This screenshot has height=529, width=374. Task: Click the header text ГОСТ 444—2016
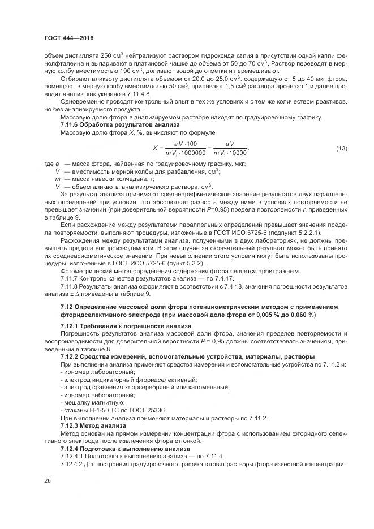click(68, 38)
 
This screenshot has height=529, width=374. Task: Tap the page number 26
click(48, 480)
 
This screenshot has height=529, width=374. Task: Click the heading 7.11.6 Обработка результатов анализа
click(120, 124)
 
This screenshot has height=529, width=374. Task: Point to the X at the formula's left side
click(155, 149)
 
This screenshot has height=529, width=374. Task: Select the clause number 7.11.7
click(71, 279)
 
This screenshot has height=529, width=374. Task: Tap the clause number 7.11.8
click(71, 287)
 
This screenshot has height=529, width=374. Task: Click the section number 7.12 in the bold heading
click(67, 306)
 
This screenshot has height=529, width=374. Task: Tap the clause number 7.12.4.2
click(74, 464)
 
